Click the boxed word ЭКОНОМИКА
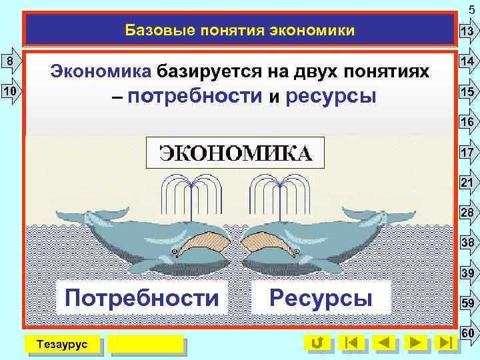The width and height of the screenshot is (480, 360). click(x=235, y=153)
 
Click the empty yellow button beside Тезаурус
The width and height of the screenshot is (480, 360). click(x=145, y=343)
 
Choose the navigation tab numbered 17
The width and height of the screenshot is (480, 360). click(x=466, y=152)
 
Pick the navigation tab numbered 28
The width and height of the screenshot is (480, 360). click(x=466, y=213)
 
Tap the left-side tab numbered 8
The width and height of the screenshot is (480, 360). click(x=11, y=61)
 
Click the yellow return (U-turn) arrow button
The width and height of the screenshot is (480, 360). click(x=318, y=343)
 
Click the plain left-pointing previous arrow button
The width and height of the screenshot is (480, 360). click(x=383, y=343)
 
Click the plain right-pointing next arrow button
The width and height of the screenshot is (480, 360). click(x=415, y=343)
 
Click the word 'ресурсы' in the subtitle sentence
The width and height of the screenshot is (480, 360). click(x=330, y=97)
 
